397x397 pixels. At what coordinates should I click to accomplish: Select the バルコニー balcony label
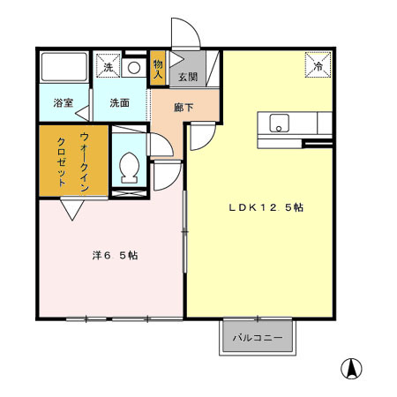[x=258, y=338]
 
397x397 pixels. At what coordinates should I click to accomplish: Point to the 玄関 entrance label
[x=188, y=77]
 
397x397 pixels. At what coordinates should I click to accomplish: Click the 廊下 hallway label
[x=184, y=107]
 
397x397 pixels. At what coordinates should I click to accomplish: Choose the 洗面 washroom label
[x=120, y=102]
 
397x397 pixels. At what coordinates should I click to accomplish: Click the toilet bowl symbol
[x=129, y=165]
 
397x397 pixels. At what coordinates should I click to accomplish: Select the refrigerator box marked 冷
[x=318, y=64]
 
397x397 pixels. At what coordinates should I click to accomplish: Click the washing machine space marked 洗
[x=108, y=67]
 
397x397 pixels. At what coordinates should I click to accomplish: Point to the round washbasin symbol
[x=134, y=68]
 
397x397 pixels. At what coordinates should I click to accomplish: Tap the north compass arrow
[x=351, y=368]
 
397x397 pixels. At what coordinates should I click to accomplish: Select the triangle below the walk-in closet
[x=71, y=210]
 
